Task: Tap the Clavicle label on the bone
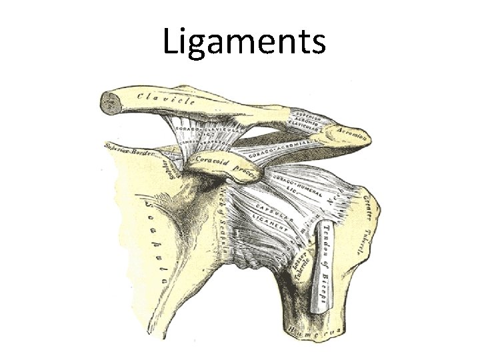pos(167,100)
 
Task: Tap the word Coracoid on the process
pos(211,162)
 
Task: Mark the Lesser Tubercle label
pos(300,263)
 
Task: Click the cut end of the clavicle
pos(107,102)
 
